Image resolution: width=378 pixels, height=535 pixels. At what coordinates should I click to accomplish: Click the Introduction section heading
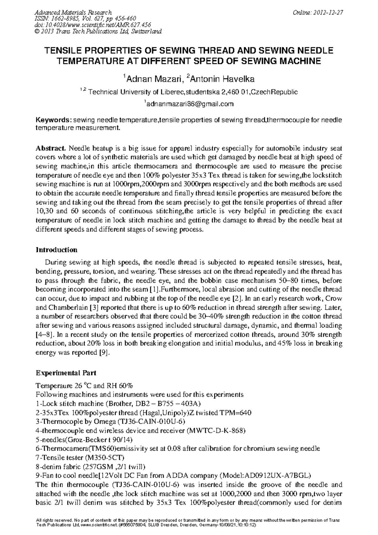(56, 250)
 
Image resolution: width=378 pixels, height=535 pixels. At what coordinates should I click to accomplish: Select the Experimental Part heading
(66, 373)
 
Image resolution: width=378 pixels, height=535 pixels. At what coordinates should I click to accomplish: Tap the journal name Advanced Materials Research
(73, 13)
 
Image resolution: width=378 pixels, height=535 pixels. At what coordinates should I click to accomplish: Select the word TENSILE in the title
(63, 51)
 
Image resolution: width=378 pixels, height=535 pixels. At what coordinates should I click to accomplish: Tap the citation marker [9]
(104, 353)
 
